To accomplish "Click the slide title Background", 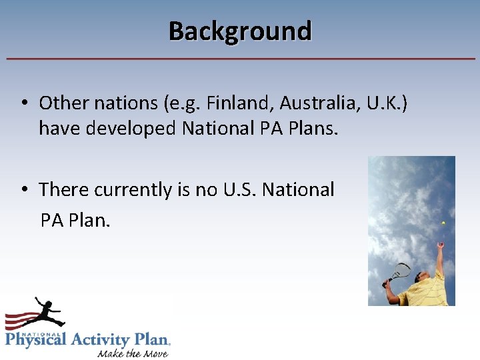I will [x=240, y=31].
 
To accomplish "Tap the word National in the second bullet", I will [x=298, y=189].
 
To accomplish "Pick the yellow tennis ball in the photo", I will [x=443, y=223].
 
